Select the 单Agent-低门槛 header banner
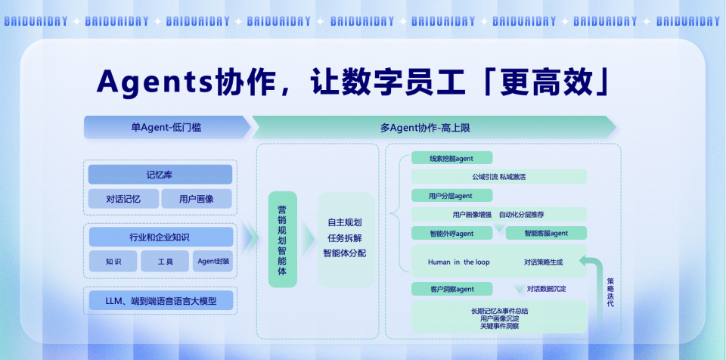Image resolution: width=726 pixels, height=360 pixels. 166,128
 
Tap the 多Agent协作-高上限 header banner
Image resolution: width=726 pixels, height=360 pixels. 432,128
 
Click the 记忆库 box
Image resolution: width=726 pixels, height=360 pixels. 160,175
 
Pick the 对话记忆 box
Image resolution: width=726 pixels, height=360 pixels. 123,200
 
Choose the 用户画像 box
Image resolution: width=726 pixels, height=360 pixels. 196,200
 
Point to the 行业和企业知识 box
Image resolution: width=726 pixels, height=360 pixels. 160,237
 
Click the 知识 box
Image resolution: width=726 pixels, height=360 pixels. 113,262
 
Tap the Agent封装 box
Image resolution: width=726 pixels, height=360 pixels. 213,262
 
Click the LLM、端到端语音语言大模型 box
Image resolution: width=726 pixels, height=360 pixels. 160,301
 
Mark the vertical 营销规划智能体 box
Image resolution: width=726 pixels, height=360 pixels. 282,239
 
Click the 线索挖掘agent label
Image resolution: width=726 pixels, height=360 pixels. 451,158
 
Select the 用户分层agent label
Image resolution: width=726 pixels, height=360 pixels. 451,196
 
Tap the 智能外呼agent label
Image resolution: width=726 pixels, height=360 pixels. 451,233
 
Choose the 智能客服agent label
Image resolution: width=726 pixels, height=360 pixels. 546,233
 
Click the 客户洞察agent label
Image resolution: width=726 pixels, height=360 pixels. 451,289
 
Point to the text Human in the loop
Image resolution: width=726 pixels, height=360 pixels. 458,262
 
